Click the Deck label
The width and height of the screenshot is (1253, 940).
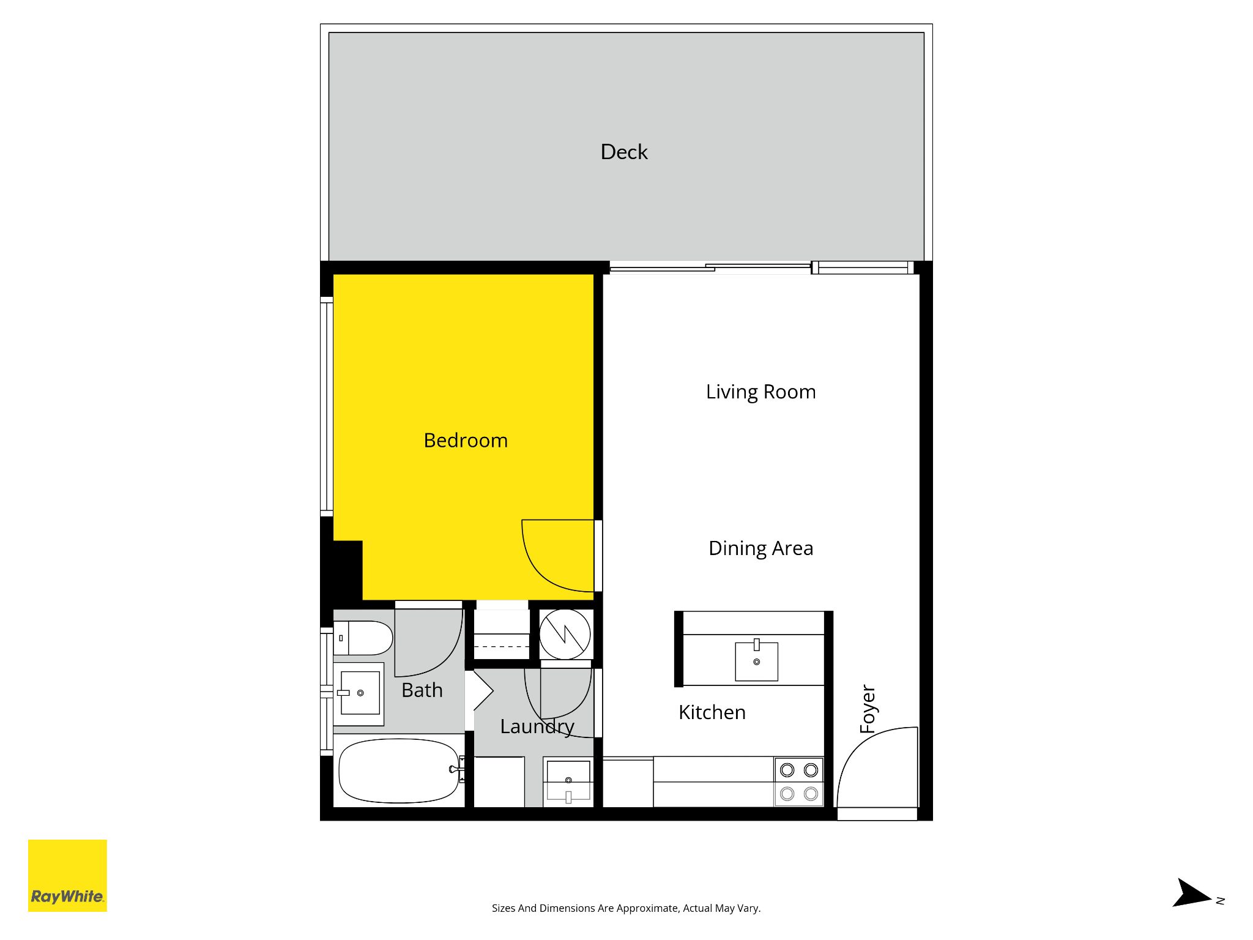pyautogui.click(x=624, y=152)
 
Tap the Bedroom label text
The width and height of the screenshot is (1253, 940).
pyautogui.click(x=466, y=441)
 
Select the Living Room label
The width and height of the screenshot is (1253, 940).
pyautogui.click(x=760, y=392)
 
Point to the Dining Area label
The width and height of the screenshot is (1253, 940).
pyautogui.click(x=760, y=549)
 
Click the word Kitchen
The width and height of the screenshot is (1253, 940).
pyautogui.click(x=712, y=712)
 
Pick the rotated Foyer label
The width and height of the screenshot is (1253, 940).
pyautogui.click(x=868, y=709)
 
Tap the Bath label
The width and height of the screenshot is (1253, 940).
pyautogui.click(x=422, y=690)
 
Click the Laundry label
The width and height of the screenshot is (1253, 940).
pyautogui.click(x=537, y=727)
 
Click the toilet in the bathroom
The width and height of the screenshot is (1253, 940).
pyautogui.click(x=363, y=638)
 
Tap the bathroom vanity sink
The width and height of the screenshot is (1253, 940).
pyautogui.click(x=359, y=693)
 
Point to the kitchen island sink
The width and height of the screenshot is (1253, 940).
pyautogui.click(x=757, y=660)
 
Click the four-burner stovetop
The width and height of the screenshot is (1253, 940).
pyautogui.click(x=799, y=782)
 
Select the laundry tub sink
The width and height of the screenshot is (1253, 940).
pyautogui.click(x=568, y=781)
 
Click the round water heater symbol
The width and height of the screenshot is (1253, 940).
pyautogui.click(x=565, y=634)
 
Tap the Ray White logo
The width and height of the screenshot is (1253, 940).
pyautogui.click(x=67, y=876)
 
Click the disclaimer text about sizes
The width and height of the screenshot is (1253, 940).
pyautogui.click(x=626, y=908)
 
